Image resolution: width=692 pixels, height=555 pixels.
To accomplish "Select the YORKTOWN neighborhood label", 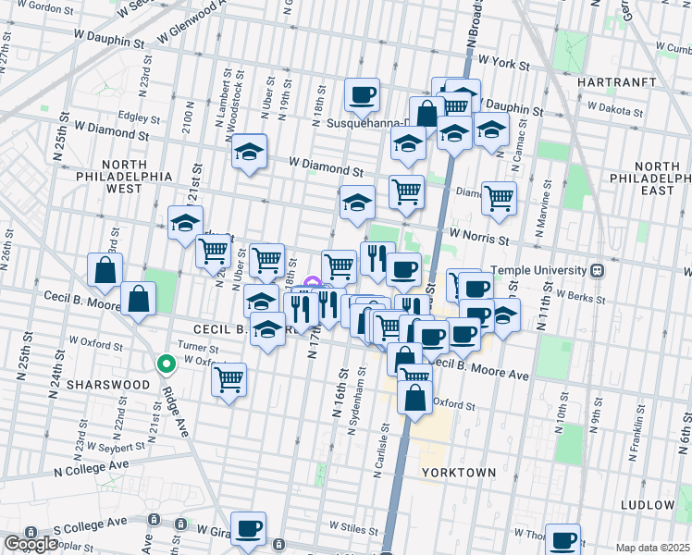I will tap(459, 472).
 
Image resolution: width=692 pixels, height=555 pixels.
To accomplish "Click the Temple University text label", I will tap(538, 270).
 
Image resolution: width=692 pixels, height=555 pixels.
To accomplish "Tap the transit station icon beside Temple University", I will tap(597, 270).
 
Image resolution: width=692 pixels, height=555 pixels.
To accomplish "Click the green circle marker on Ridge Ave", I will tap(166, 364).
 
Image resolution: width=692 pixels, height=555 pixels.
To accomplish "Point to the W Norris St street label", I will tap(478, 239).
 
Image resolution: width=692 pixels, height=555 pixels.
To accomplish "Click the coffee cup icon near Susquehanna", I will tap(363, 93).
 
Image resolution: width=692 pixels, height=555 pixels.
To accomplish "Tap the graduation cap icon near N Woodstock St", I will tap(249, 151).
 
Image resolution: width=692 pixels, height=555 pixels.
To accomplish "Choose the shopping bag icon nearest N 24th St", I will tap(105, 269).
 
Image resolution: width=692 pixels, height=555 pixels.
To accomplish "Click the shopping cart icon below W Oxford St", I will tap(229, 378).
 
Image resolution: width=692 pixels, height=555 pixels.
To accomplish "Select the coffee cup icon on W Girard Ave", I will tap(248, 528).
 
